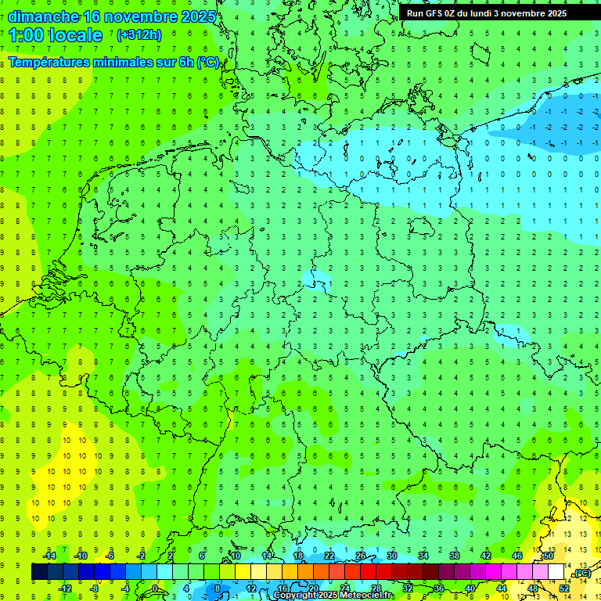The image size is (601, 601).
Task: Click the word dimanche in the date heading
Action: click(x=43, y=16)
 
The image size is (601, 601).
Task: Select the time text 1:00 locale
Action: click(x=56, y=35)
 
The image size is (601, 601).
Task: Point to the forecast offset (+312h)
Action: click(x=139, y=35)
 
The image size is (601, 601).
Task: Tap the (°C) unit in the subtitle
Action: click(x=207, y=62)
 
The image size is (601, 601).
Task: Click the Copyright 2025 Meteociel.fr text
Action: click(x=333, y=596)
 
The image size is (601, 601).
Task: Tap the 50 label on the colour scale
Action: click(x=549, y=556)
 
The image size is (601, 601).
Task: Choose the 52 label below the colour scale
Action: click(x=564, y=588)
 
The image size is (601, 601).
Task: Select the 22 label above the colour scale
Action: click(x=329, y=556)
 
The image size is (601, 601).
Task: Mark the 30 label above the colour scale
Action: click(x=392, y=556)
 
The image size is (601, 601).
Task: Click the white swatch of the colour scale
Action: click(x=556, y=572)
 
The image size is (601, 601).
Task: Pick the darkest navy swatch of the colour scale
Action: click(x=39, y=572)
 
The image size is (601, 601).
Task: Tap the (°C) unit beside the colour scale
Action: click(x=581, y=573)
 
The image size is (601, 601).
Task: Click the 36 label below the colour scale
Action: click(x=439, y=588)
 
